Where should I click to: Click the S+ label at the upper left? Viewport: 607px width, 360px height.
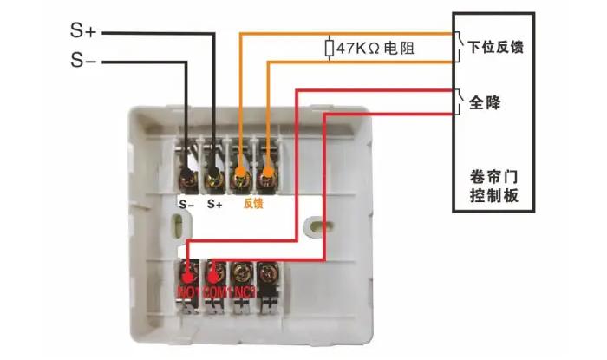point(85,33)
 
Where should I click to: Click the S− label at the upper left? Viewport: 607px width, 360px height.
point(85,61)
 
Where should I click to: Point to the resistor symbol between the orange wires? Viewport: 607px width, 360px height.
point(329,48)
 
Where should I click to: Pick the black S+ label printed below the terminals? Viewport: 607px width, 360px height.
point(215,205)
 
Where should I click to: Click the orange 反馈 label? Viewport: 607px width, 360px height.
point(252,205)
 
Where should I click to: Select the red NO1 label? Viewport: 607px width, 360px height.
point(188,292)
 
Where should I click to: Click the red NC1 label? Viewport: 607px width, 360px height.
point(245,292)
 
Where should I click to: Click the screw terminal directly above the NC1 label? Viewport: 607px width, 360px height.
point(244,272)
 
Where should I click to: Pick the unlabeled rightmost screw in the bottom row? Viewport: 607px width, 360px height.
point(271,272)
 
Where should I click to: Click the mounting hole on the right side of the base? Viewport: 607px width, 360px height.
point(310,228)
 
